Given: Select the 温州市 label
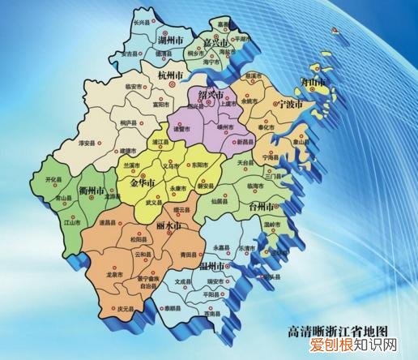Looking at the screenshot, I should [212, 266].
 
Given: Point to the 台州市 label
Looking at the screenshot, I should [265, 207].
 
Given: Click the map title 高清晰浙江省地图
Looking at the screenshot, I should [338, 331].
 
